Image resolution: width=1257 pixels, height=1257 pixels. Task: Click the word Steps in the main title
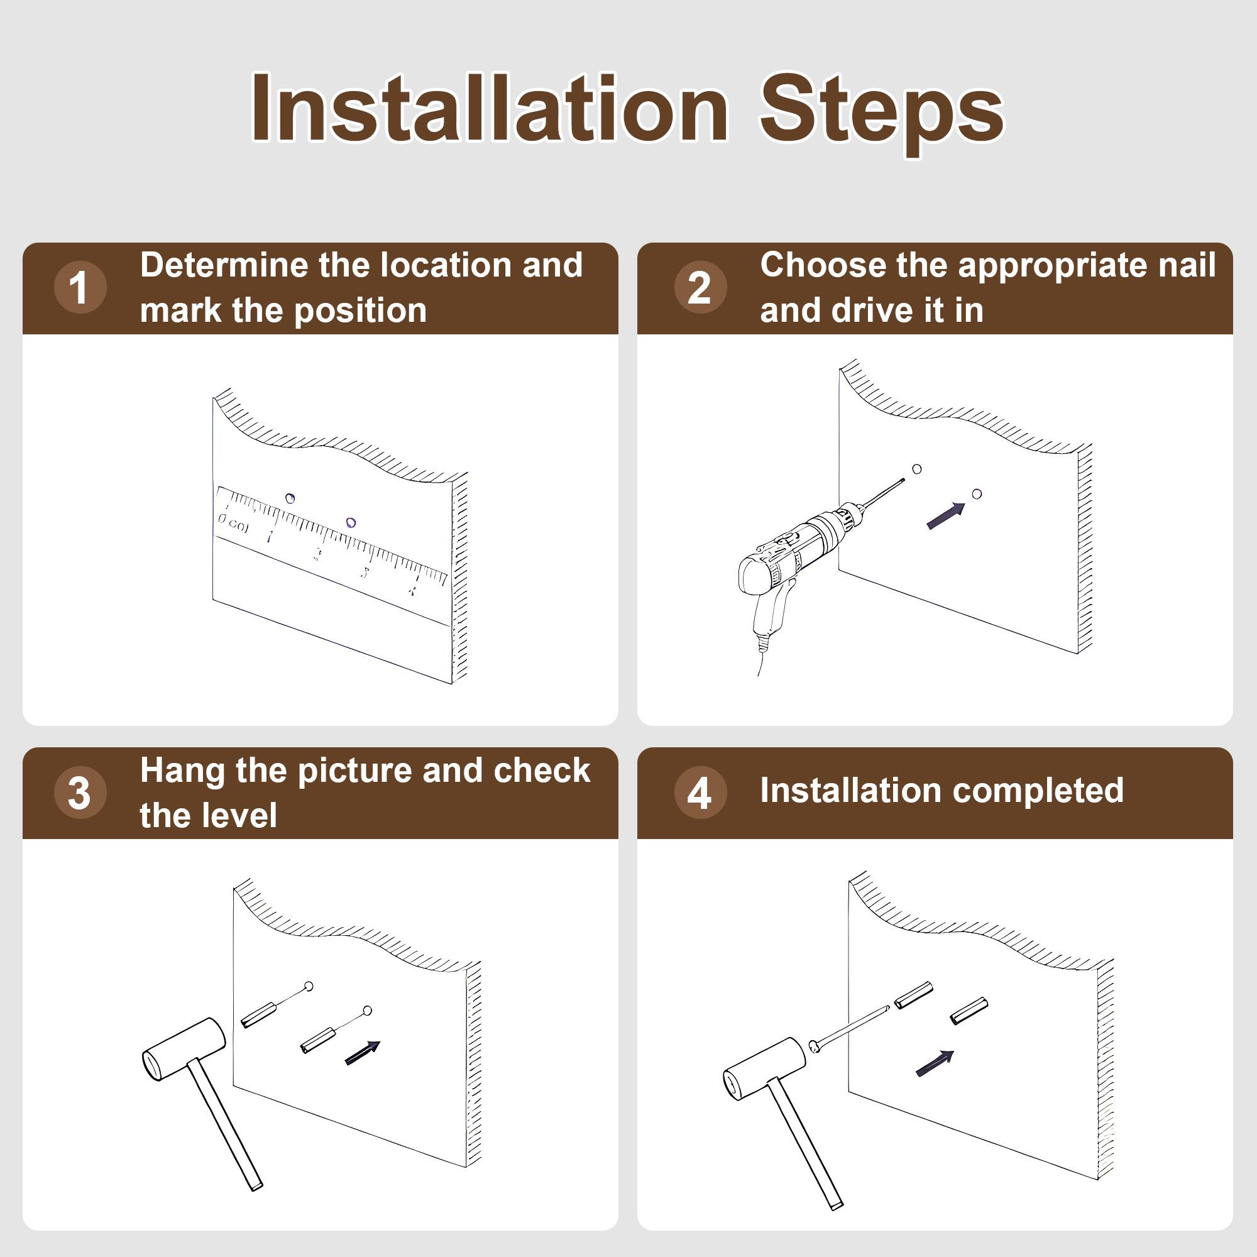click(x=882, y=114)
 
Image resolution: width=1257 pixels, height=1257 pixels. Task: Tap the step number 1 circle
click(x=80, y=287)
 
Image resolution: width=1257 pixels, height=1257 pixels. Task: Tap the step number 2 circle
click(x=700, y=287)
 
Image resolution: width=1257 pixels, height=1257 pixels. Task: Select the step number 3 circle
click(x=80, y=793)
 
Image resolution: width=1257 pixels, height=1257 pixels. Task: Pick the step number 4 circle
click(x=700, y=793)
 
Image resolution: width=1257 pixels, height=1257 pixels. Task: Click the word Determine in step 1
click(x=224, y=265)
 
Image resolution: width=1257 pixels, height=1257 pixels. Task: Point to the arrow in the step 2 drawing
click(x=946, y=516)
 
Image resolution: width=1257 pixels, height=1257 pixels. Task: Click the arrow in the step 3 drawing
click(x=363, y=1053)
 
